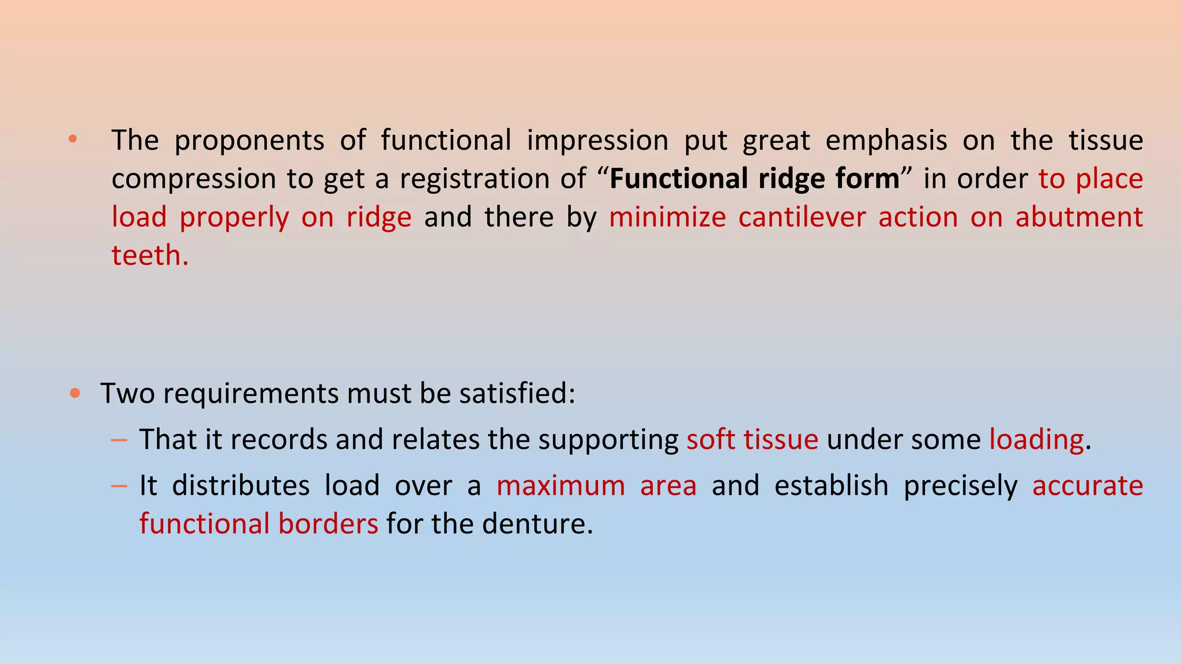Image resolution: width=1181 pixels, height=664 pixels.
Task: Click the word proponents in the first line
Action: coord(249,141)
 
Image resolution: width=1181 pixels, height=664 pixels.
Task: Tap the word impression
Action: coord(597,141)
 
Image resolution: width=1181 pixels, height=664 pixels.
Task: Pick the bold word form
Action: coord(867,178)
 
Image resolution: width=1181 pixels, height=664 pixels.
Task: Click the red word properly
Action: coord(234,218)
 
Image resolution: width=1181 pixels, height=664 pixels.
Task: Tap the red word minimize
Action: coord(667,217)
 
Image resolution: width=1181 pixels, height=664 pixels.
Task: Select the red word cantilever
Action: coord(802,217)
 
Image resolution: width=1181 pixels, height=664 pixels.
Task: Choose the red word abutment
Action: coord(1079,217)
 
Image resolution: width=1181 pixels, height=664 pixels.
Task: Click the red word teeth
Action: coord(149,255)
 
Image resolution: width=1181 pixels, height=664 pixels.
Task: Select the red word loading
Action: coord(1036,440)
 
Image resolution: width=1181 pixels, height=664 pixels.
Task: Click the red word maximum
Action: coord(561,486)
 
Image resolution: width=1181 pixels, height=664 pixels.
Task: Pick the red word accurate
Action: coord(1087,486)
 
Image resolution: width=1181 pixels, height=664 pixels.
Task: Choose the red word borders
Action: coord(328,523)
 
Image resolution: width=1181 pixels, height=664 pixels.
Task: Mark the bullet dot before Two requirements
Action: coord(74,394)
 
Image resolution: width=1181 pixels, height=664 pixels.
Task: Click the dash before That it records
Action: coord(119,440)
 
